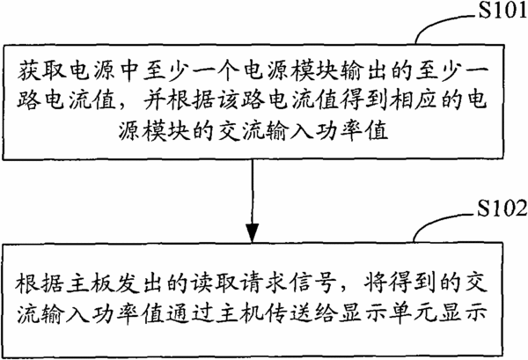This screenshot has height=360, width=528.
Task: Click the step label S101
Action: pos(502,10)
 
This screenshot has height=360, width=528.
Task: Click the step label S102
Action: pos(502,209)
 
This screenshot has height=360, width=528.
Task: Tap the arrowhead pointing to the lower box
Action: pos(252,232)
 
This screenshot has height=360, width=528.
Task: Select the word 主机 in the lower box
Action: pos(240,313)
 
